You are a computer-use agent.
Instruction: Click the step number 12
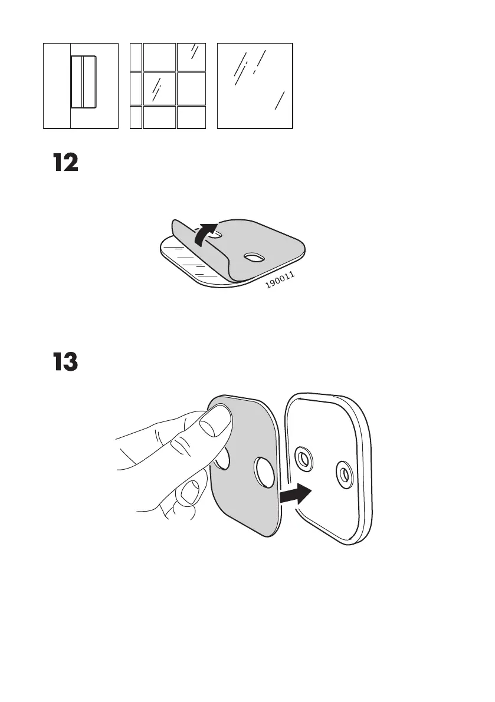click(x=66, y=163)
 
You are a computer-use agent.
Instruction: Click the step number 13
click(x=66, y=362)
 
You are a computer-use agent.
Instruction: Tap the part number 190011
click(x=280, y=281)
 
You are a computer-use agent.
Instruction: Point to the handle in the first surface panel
click(x=84, y=82)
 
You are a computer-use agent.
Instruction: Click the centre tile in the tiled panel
click(x=159, y=88)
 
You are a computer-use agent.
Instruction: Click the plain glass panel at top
click(x=255, y=85)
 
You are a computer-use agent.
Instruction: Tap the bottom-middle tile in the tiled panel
click(x=159, y=117)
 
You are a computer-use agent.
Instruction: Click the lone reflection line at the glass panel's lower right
click(x=280, y=101)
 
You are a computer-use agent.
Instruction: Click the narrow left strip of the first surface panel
click(x=57, y=85)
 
